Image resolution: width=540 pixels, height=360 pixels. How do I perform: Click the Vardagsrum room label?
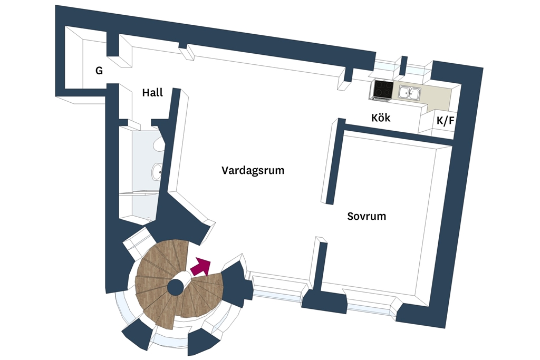tap(253, 170)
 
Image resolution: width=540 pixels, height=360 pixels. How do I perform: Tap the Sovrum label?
tap(367, 216)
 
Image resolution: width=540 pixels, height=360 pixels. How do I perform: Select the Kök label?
tap(381, 118)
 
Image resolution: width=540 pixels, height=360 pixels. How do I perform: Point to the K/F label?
tap(445, 121)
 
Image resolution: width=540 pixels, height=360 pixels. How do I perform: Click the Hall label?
tap(152, 93)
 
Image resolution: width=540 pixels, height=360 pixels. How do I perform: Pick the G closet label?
tap(99, 71)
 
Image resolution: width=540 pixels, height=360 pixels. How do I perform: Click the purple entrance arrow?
tap(200, 267)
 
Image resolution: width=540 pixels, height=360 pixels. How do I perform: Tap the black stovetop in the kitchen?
tap(383, 89)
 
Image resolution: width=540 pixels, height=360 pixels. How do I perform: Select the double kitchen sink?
tap(410, 93)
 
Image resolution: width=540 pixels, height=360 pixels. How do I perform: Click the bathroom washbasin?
tap(157, 171)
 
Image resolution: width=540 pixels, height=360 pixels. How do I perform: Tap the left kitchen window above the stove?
tap(387, 67)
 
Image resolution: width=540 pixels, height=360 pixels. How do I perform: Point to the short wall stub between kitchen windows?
tap(404, 65)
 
